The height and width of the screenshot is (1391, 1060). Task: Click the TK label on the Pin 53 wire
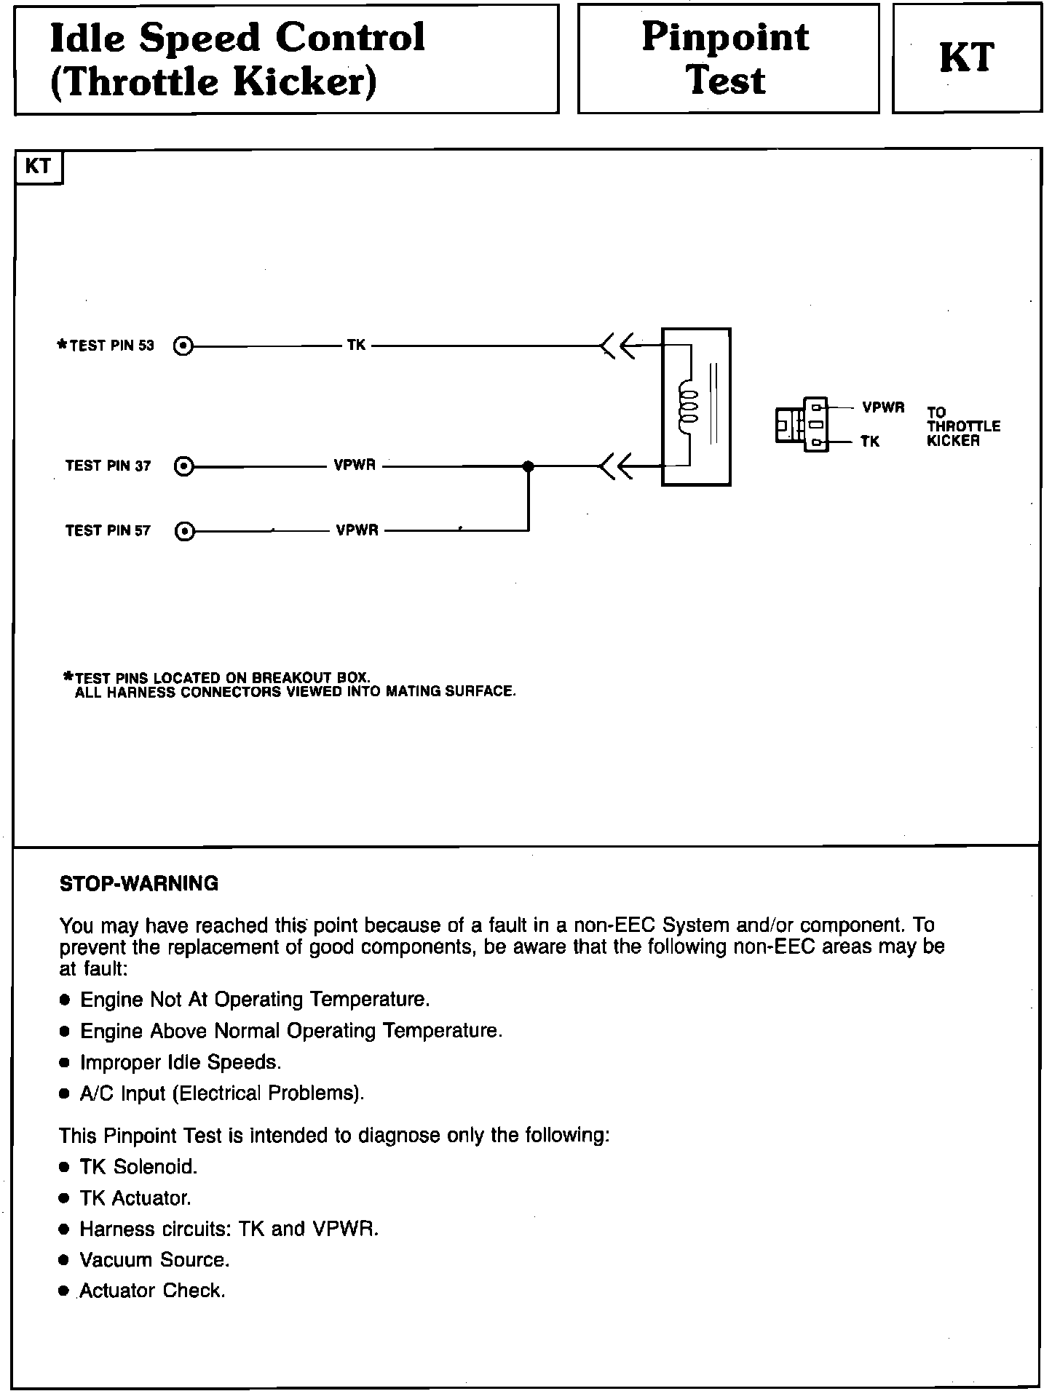(x=356, y=345)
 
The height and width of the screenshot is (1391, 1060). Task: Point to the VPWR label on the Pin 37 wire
(x=355, y=465)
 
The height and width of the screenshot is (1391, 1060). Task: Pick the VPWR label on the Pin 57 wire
(x=357, y=530)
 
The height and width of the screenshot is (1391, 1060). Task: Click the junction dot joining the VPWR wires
(x=529, y=466)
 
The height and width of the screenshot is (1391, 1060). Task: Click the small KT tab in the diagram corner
(x=39, y=167)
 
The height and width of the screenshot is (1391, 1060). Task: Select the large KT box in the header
(x=966, y=58)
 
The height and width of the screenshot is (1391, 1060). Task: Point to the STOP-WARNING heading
(x=138, y=884)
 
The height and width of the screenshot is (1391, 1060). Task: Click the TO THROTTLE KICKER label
(x=962, y=426)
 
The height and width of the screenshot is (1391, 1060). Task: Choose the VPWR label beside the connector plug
(x=883, y=407)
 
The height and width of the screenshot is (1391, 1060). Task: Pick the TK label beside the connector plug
(x=870, y=441)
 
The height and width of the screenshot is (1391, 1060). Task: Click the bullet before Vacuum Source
(x=65, y=1260)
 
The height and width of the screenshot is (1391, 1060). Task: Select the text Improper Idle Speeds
(x=181, y=1062)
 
